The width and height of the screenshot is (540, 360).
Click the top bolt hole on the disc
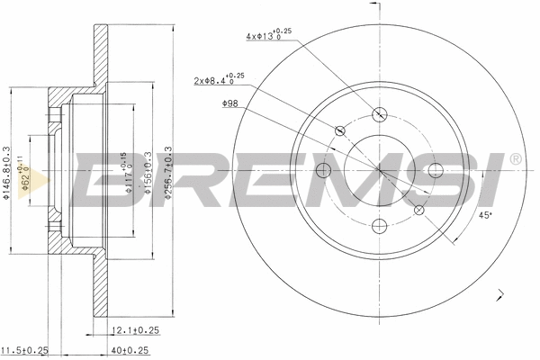click(379, 114)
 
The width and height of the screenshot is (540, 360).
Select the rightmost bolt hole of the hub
click(436, 171)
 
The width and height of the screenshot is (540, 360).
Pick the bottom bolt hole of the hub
click(379, 227)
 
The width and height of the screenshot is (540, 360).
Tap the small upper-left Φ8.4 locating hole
click(340, 131)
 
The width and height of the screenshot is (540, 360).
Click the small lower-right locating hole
click(418, 210)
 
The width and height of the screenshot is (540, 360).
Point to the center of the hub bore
click(379, 170)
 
